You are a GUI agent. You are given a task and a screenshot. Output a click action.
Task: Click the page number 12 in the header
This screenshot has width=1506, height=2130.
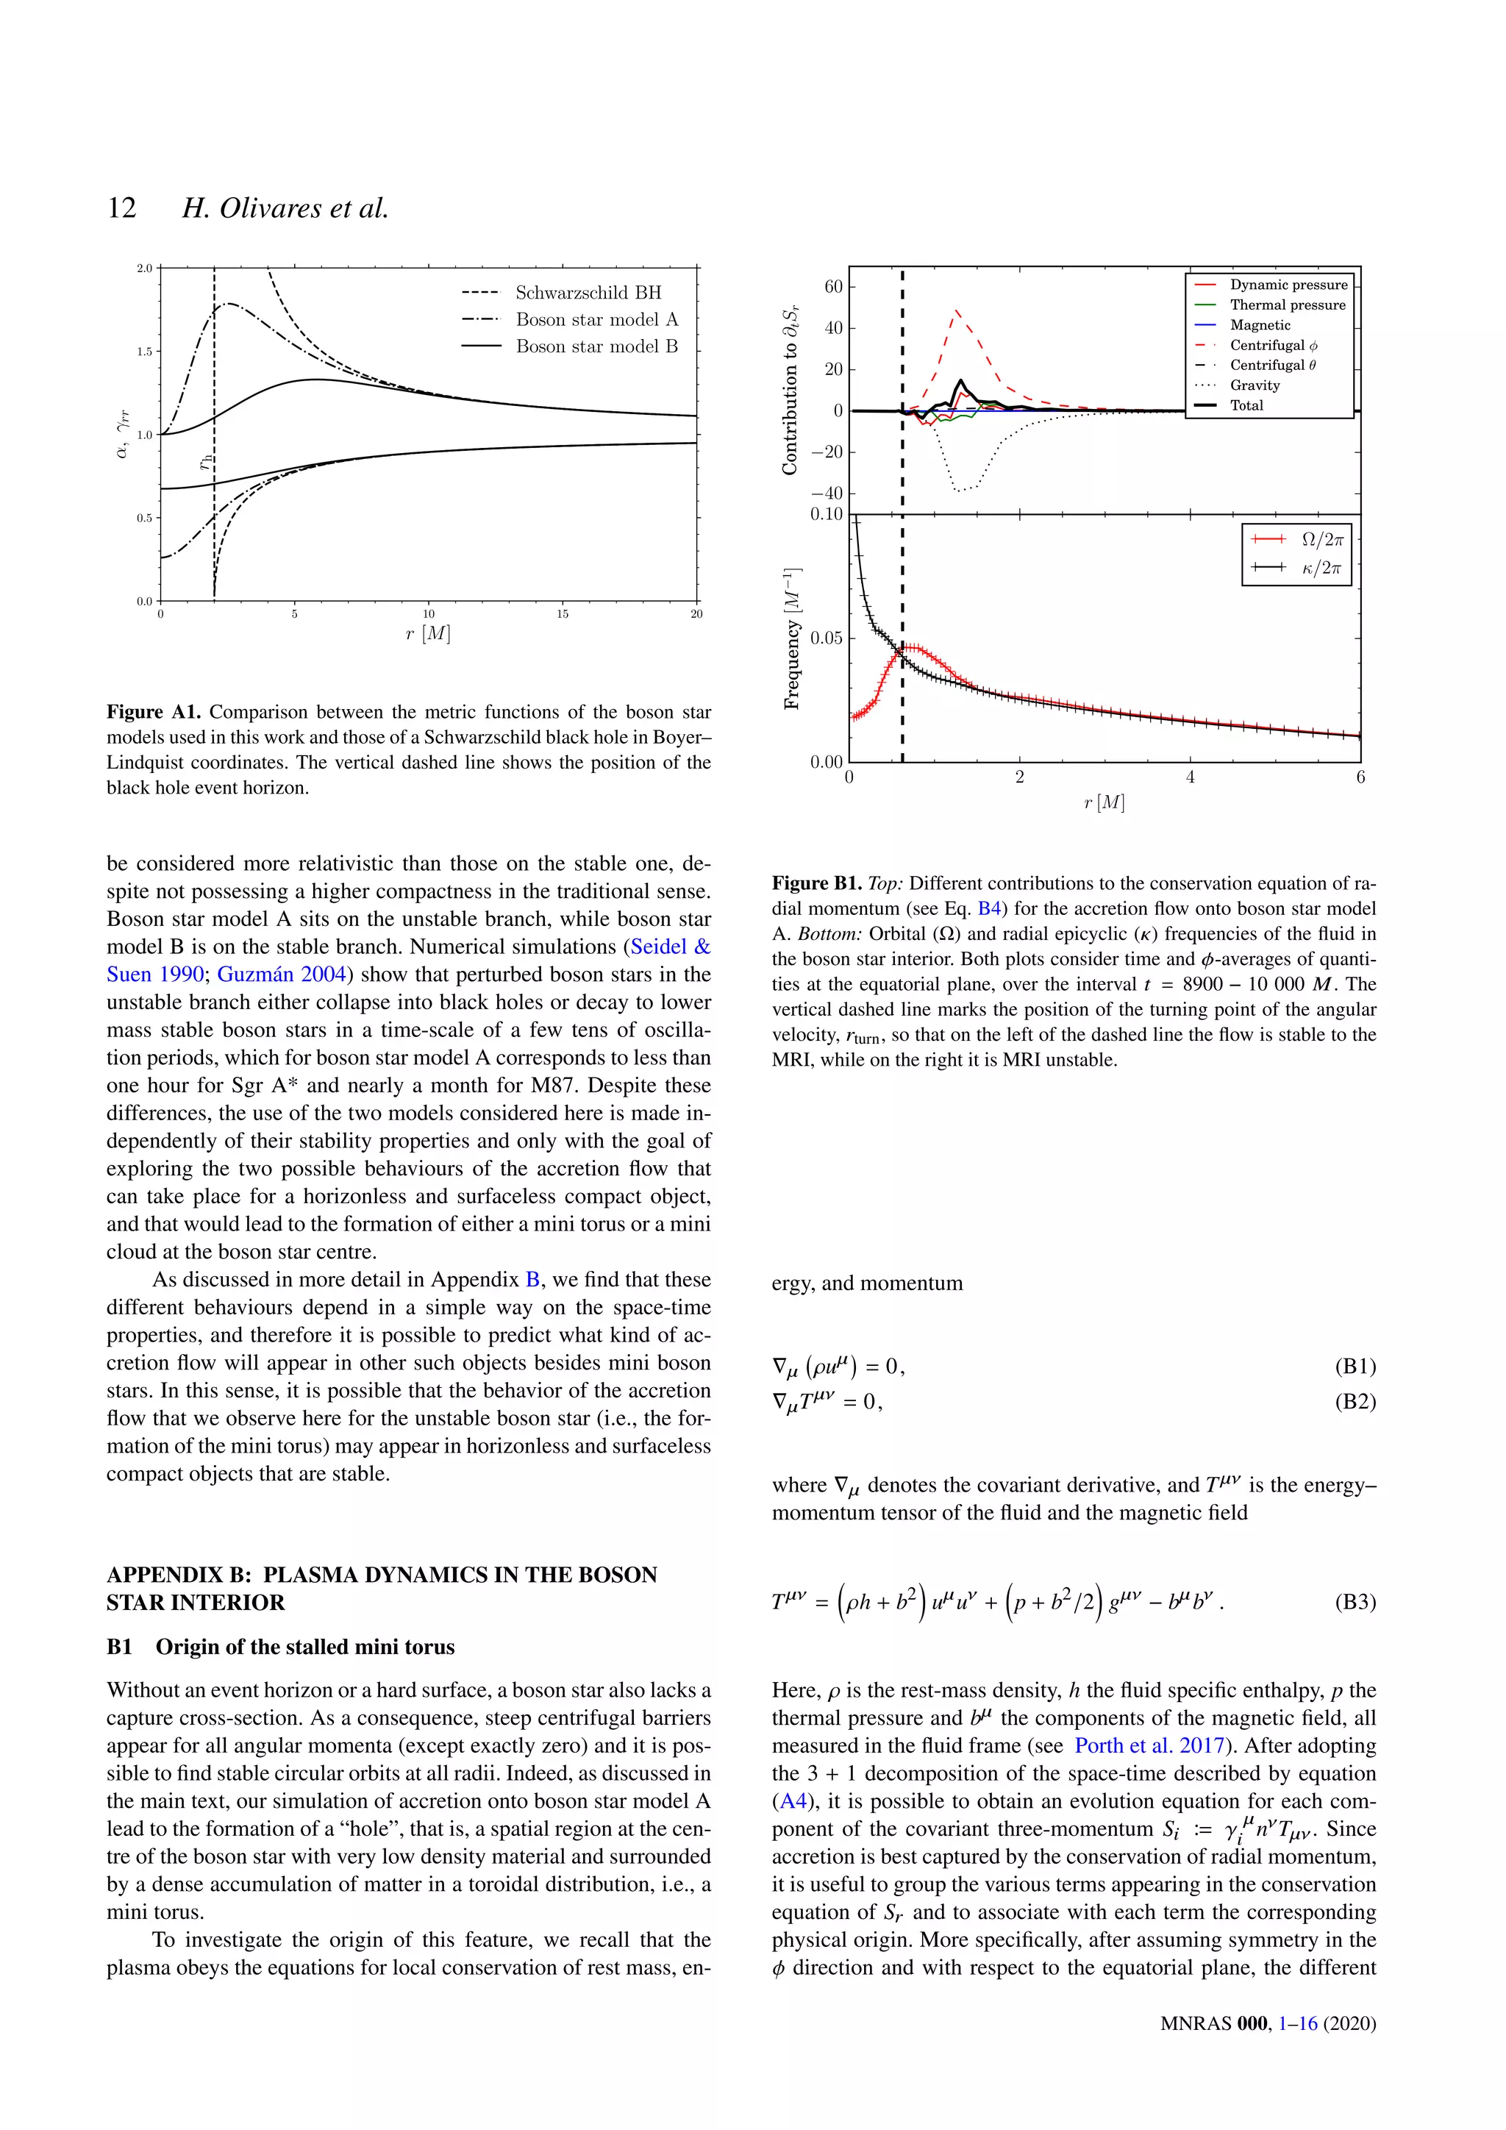click(121, 208)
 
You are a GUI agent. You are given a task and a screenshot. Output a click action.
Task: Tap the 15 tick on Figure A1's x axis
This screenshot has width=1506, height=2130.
click(563, 614)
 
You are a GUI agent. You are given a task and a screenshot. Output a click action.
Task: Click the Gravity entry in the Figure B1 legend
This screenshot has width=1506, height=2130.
click(1255, 385)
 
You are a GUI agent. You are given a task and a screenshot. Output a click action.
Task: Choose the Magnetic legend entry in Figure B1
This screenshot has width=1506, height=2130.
click(1260, 324)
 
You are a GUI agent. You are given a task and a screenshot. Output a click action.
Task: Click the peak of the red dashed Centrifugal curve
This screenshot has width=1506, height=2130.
click(956, 311)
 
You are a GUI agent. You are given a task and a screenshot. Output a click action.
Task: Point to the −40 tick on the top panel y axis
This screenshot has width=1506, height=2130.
click(827, 494)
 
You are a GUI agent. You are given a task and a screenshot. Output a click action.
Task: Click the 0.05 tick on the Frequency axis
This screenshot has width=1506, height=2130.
click(827, 638)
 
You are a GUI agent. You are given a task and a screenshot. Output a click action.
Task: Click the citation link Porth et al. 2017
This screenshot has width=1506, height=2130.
click(1149, 1746)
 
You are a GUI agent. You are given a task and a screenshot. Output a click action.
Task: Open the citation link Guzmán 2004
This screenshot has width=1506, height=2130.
click(282, 974)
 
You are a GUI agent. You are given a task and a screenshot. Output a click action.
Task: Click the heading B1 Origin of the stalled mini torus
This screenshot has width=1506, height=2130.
click(281, 1647)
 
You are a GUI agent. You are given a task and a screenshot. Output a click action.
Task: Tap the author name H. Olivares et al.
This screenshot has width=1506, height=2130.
click(285, 208)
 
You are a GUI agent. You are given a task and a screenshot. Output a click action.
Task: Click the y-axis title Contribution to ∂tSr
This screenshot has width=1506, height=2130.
click(790, 395)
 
